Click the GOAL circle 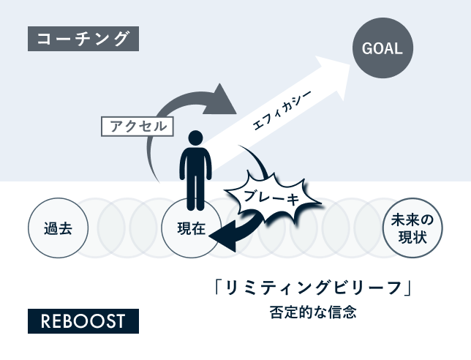click(x=382, y=49)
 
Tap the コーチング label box click(x=83, y=38)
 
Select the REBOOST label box click(x=83, y=320)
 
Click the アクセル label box click(x=138, y=126)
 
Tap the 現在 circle click(x=192, y=228)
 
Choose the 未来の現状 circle click(x=413, y=228)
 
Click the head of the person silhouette click(x=194, y=138)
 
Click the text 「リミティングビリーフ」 click(x=312, y=288)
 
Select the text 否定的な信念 click(x=312, y=312)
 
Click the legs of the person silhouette click(x=194, y=193)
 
